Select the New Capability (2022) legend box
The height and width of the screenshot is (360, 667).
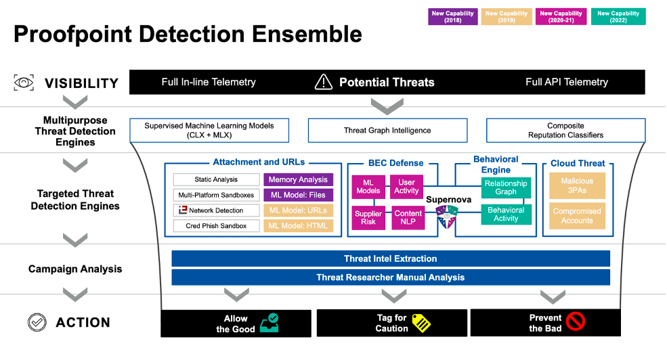pyautogui.click(x=618, y=17)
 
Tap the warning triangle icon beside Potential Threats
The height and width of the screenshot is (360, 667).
pyautogui.click(x=324, y=82)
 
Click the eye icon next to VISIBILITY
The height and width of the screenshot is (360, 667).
pyautogui.click(x=24, y=83)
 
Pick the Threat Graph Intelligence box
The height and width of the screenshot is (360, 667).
pyautogui.click(x=387, y=130)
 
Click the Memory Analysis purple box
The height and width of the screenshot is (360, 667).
pyautogui.click(x=298, y=180)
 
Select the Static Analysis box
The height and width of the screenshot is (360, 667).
pyautogui.click(x=216, y=180)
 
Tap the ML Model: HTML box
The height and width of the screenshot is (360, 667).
pyautogui.click(x=298, y=225)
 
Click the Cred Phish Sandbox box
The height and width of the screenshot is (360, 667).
pyautogui.click(x=216, y=225)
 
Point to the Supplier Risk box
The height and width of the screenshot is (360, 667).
pyautogui.click(x=368, y=217)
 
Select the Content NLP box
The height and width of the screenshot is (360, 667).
pyautogui.click(x=408, y=217)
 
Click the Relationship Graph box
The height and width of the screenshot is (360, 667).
pyautogui.click(x=506, y=187)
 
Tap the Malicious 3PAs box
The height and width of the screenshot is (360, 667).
pyautogui.click(x=577, y=185)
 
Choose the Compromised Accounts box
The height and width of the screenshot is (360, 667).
pyautogui.click(x=577, y=216)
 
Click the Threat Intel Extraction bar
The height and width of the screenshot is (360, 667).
pyautogui.click(x=390, y=258)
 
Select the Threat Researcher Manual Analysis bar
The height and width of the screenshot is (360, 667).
pyautogui.click(x=390, y=277)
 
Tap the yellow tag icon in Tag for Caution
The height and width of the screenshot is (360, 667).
pyautogui.click(x=421, y=323)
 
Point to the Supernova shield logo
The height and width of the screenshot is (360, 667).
pyautogui.click(x=446, y=215)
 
